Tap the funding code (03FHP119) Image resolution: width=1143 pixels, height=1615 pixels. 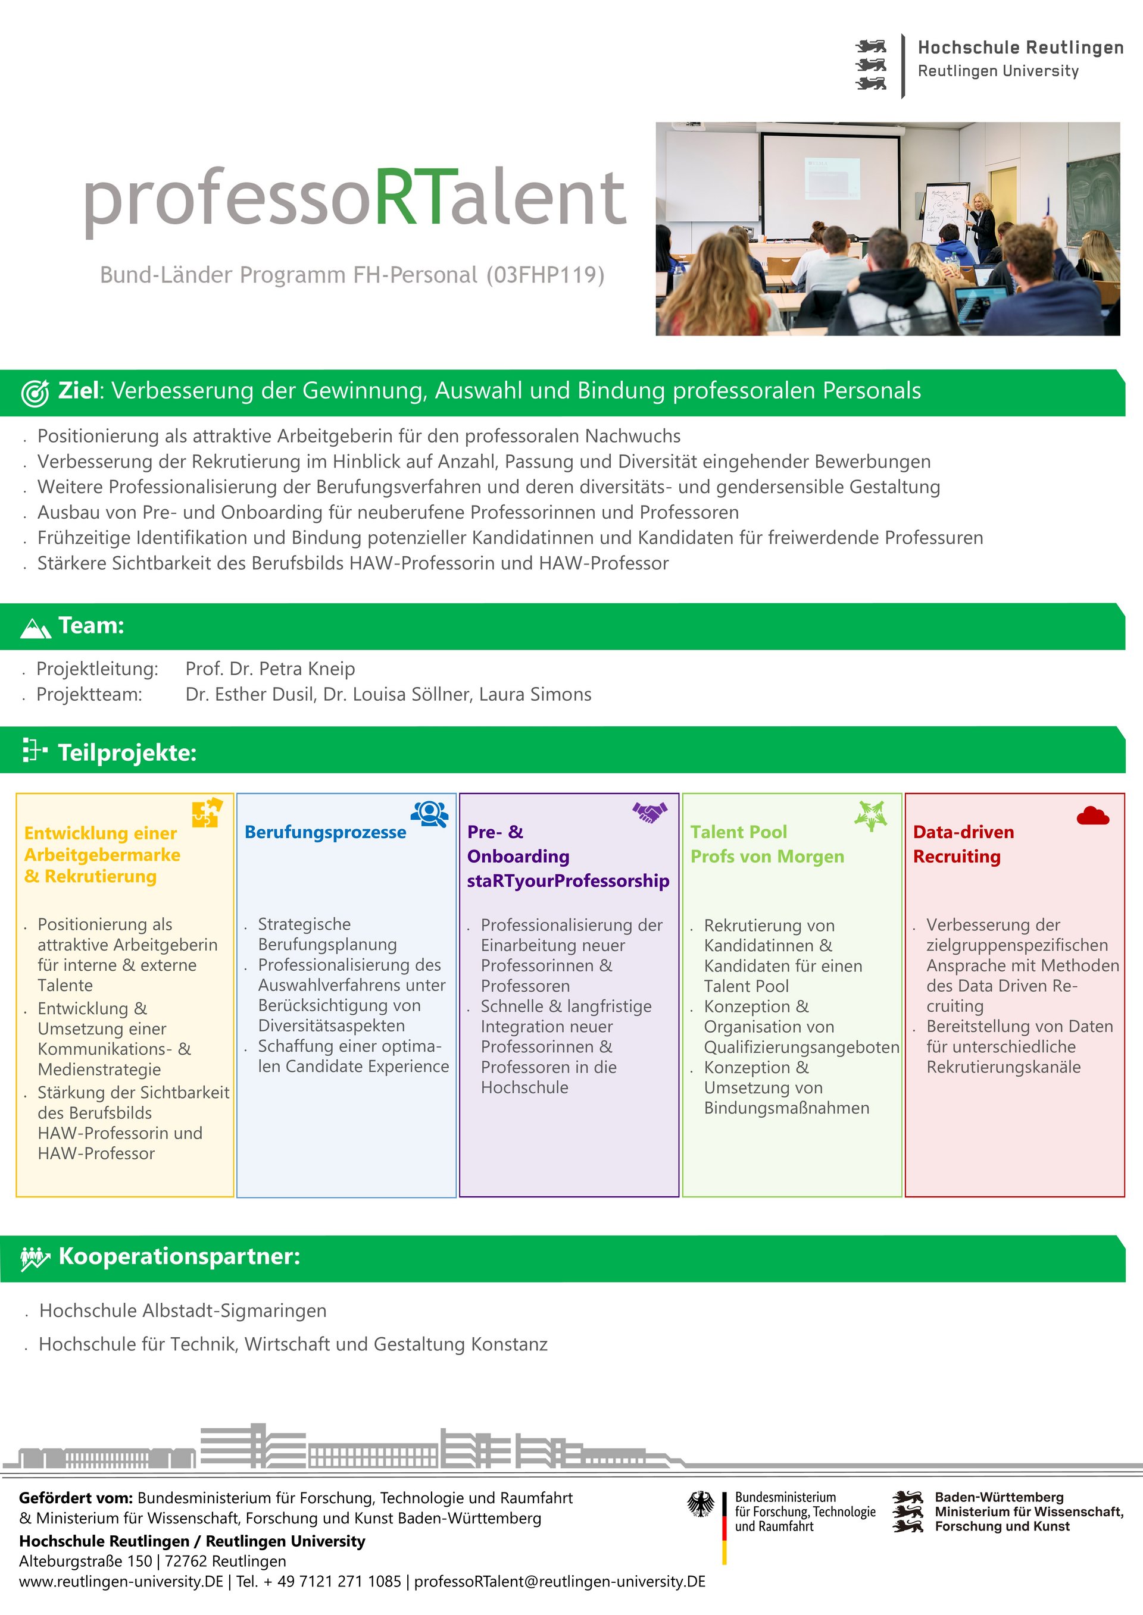(x=545, y=275)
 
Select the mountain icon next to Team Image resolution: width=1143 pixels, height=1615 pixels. (x=36, y=628)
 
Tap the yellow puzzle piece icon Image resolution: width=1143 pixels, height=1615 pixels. (x=207, y=813)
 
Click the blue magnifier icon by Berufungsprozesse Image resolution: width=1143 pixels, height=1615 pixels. (x=429, y=814)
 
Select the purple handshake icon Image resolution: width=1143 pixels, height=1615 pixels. (x=649, y=813)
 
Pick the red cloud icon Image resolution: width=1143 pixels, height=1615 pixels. (x=1092, y=816)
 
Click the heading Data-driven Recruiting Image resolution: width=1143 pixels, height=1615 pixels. (x=963, y=844)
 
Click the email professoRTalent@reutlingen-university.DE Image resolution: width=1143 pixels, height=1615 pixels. (x=560, y=1581)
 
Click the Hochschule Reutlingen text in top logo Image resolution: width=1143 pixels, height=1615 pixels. (x=1020, y=48)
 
